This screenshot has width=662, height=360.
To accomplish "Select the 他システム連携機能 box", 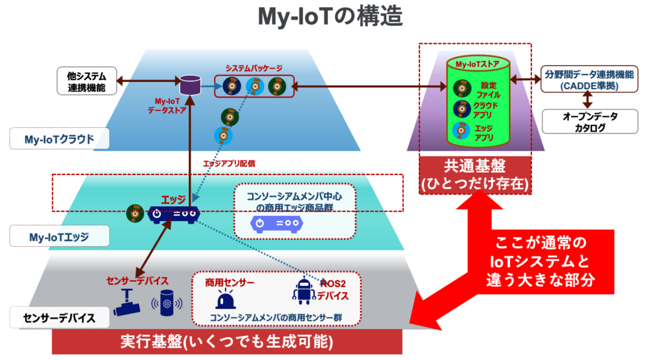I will click(x=81, y=80).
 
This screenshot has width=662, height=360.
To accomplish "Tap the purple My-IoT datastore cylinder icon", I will click(x=190, y=83).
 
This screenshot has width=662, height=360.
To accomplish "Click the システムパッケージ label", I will click(x=253, y=68).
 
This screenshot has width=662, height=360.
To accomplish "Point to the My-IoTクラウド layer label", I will click(x=59, y=138).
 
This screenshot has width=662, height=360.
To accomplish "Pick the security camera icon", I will click(x=129, y=302).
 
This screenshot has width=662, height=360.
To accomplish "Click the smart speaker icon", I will click(x=166, y=303).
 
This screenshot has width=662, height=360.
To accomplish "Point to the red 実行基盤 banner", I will click(x=227, y=341).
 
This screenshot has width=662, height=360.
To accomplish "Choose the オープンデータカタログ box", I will click(x=588, y=122).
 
